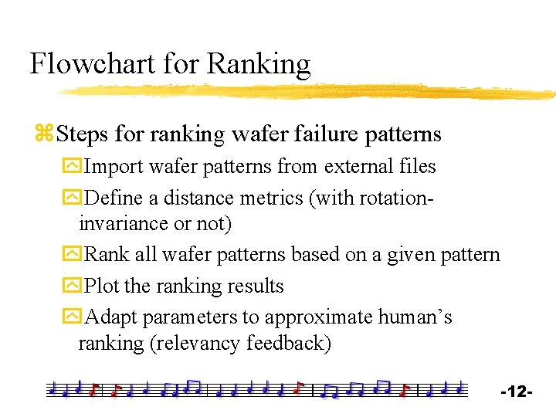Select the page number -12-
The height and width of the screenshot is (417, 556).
pos(517,392)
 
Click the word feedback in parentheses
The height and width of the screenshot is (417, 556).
pos(288,343)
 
